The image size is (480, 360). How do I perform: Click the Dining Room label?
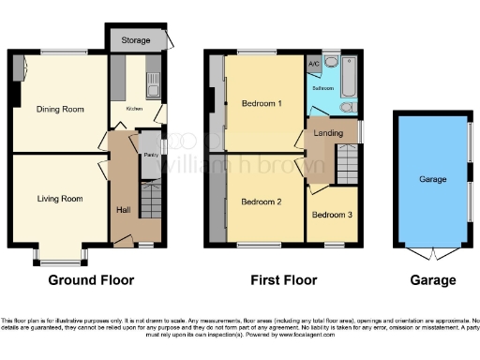[x=60, y=110]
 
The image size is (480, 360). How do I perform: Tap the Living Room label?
[x=60, y=199]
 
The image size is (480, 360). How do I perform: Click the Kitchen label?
[x=134, y=110]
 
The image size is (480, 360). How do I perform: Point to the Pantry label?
[x=149, y=155]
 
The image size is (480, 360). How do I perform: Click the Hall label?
[x=123, y=210]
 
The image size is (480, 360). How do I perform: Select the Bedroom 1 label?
[x=262, y=102]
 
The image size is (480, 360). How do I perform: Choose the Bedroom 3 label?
[x=332, y=215]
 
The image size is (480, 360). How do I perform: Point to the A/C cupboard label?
[x=315, y=64]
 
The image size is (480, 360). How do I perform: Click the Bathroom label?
[x=324, y=87]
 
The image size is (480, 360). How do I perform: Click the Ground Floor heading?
[x=90, y=280]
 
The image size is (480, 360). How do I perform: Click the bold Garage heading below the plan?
[x=432, y=280]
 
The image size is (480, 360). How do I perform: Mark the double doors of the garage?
[x=432, y=253]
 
